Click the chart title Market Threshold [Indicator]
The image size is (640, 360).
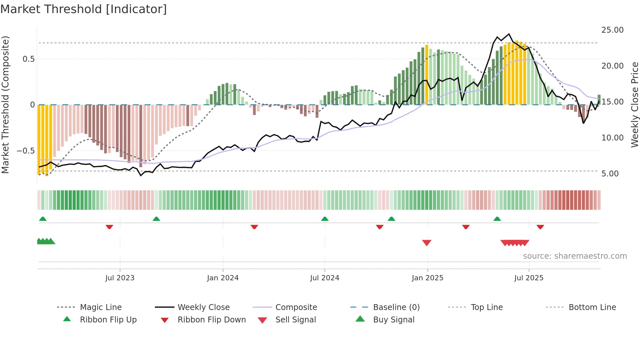pos(84,9)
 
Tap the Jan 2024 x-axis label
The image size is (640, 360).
pos(223,278)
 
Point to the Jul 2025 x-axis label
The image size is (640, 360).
pos(529,278)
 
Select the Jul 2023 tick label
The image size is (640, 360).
pos(120,278)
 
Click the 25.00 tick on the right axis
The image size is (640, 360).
pos(612,30)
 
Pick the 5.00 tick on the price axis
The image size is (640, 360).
pos(610,174)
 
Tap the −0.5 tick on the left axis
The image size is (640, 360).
pos(25,151)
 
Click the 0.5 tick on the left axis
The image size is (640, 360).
pos(28,59)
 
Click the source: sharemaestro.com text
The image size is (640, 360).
pos(575,256)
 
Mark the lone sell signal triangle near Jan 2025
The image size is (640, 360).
pos(427,243)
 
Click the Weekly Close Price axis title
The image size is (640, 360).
pos(634,105)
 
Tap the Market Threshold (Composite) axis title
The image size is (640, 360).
pos(5,105)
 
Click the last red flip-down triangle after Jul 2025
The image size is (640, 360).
pos(540,227)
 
